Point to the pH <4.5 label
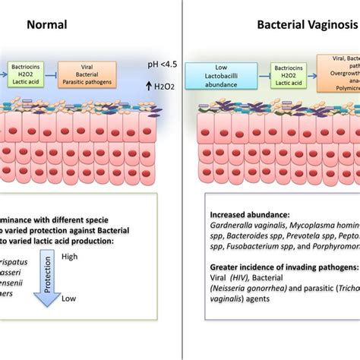pos(159,74)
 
